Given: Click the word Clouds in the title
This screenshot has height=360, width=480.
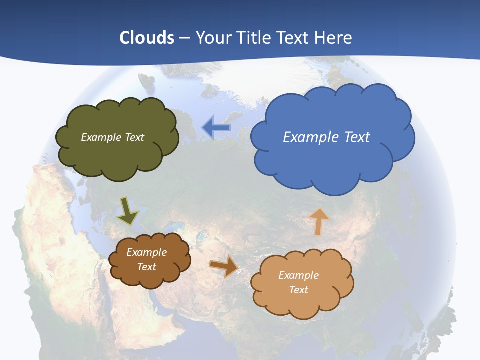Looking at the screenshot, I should [147, 38].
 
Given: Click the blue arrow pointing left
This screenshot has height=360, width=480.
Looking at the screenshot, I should [216, 128].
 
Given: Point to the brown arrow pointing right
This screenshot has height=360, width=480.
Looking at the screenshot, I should [224, 266].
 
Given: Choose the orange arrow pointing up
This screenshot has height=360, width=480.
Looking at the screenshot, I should [318, 221].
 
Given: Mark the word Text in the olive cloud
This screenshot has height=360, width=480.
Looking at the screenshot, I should [134, 137].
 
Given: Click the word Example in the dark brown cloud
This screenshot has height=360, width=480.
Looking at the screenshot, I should [146, 252].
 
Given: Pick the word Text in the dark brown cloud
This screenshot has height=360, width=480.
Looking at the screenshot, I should [146, 267].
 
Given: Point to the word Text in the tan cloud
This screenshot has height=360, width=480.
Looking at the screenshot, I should [298, 290].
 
